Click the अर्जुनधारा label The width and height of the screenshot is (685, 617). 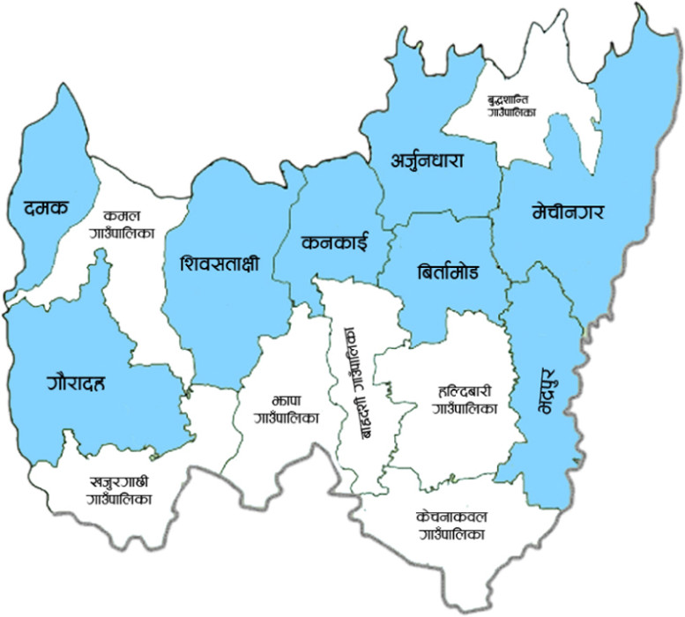point(428,160)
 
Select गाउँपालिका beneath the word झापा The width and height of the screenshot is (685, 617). point(282,418)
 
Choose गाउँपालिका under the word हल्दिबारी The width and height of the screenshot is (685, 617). point(465,408)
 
